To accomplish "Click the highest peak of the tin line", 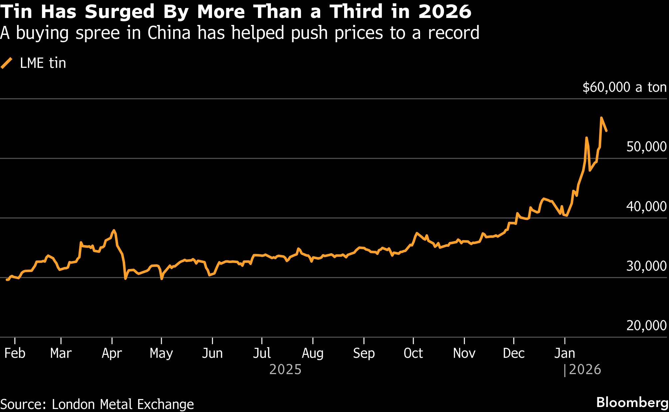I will coord(601,118).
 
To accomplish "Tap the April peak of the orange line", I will coord(114,230).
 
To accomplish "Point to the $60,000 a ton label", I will coord(624,87).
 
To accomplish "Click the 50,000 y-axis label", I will coord(646,147).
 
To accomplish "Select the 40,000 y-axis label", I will coord(646,206).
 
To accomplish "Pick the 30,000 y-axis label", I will coord(646,266).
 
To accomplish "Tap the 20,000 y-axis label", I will coord(646,325).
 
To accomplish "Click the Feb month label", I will coord(15,353).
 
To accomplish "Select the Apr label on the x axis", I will coord(111,353).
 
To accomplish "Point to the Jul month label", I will coord(262,353).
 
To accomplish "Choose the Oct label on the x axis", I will coord(413,353).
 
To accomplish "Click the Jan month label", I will coord(564,353).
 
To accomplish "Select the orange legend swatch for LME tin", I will coord(7,63).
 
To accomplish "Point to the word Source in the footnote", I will coord(23,404).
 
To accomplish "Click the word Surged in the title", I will coord(119,12).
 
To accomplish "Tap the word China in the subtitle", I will coord(169,33).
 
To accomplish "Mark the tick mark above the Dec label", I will coord(514,341).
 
